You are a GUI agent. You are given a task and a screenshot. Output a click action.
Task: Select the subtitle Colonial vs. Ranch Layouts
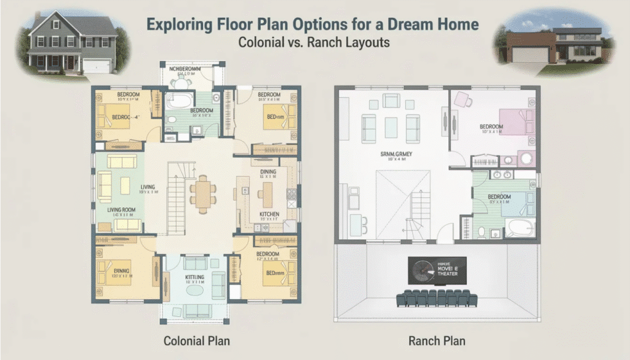pos(314,44)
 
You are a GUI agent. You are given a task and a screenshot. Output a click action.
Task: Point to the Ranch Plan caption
pos(437,340)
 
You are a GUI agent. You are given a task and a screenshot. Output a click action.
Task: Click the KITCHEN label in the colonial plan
pos(269,214)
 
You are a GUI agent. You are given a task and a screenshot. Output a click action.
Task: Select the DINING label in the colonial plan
pos(269,172)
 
